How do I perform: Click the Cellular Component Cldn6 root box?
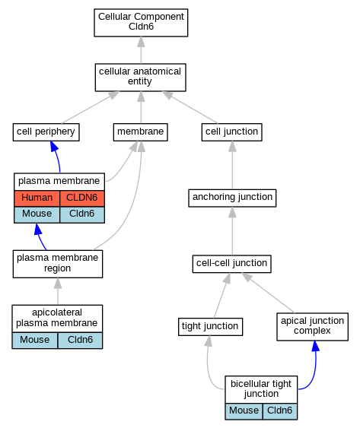pos(141,23)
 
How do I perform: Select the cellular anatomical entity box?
pos(141,78)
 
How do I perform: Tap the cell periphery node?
pos(46,132)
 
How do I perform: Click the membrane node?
pos(141,132)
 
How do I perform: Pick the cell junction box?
pos(232,132)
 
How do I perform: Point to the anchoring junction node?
pos(232,198)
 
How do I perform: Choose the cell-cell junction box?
pos(232,264)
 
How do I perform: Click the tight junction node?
pos(210,327)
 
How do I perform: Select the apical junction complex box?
pos(313,327)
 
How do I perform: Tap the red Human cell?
pos(37,198)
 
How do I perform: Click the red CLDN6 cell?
pos(82,198)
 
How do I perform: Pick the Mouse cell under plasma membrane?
pos(37,214)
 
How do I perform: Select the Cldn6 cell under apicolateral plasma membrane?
pos(80,341)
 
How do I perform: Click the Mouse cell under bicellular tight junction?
pos(244,411)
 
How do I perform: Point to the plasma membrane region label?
pos(57,263)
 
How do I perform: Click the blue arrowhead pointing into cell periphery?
pos(54,146)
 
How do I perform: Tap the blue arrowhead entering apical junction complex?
pos(315,346)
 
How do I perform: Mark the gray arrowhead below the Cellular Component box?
pos(141,42)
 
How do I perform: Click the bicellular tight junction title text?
pos(261,388)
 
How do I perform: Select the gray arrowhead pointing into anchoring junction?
pos(232,212)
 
